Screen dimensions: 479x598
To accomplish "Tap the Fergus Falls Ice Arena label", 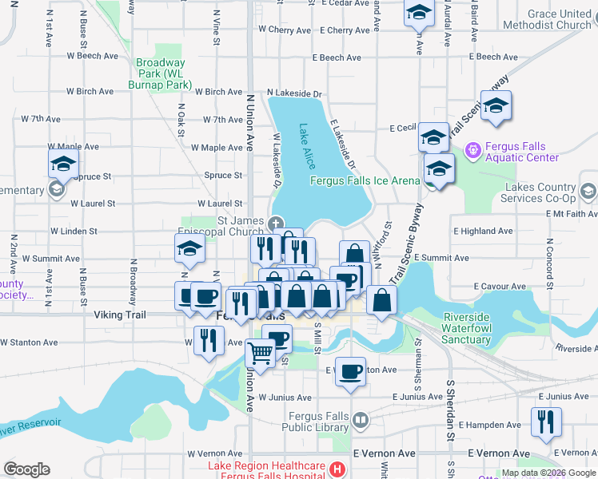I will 365,180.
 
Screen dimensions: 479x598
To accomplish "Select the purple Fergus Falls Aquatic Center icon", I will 472,149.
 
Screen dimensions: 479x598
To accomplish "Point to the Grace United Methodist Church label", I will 548,19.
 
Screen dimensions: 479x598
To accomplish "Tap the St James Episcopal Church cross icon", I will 276,223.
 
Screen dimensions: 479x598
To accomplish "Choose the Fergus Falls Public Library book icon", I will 361,418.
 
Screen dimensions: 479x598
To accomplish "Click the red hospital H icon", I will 338,469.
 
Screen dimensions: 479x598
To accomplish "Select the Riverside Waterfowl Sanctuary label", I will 476,328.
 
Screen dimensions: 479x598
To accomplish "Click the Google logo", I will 26,469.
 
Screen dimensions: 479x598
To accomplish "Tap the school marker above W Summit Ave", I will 190,249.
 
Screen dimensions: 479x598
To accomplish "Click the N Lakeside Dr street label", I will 294,93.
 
